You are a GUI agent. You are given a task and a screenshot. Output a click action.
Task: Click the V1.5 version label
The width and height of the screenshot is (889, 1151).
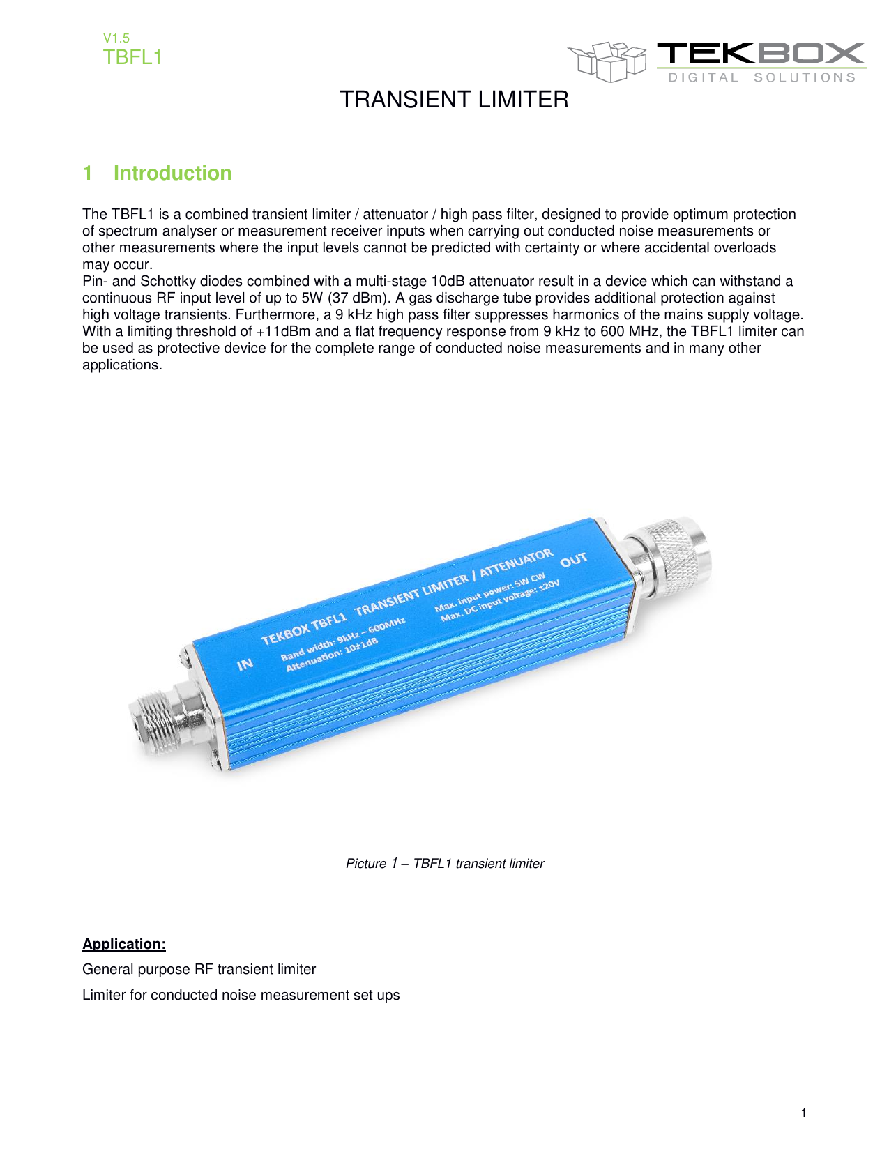[x=116, y=38]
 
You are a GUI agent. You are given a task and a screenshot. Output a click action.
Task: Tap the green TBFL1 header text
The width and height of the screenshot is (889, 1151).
[x=132, y=57]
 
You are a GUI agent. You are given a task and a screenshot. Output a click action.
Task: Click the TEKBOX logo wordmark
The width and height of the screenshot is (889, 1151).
[x=761, y=54]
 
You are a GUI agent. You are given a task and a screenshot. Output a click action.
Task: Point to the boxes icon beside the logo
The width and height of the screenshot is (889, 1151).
[x=607, y=61]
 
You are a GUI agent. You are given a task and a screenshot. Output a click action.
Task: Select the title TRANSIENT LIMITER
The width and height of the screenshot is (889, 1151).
[x=454, y=100]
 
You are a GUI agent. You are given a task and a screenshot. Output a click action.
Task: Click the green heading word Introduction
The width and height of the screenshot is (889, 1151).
[x=172, y=173]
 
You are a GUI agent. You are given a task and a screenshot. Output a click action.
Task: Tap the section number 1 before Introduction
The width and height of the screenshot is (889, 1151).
[x=87, y=173]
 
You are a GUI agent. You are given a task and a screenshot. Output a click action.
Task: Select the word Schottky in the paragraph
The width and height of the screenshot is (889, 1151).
[x=168, y=282]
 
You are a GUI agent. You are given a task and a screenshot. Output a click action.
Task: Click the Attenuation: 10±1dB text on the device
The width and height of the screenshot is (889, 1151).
[x=332, y=655]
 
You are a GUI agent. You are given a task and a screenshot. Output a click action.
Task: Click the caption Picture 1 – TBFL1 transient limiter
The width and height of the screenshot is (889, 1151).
[x=445, y=864]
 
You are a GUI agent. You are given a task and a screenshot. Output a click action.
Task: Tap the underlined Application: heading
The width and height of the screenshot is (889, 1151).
[x=124, y=945]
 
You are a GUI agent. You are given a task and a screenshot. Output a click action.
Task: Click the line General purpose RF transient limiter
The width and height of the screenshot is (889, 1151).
[x=199, y=970]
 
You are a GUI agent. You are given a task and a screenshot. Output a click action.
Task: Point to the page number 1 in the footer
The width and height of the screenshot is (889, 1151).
[x=803, y=1113]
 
